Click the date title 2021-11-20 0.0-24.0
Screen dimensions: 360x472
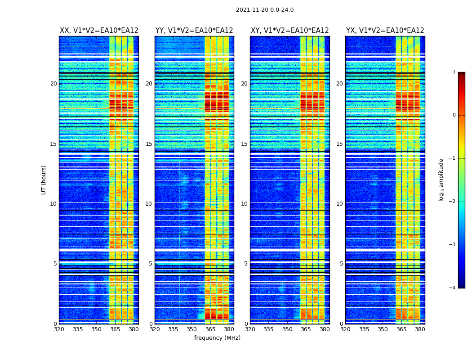coord(265,10)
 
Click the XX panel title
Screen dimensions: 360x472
coord(99,31)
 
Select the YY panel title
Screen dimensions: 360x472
coord(194,31)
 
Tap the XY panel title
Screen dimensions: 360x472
coord(289,31)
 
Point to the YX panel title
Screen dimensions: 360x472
coord(385,31)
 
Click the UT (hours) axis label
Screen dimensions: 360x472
coord(44,180)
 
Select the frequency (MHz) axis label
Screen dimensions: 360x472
coord(217,338)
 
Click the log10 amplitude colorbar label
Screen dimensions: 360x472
coord(441,180)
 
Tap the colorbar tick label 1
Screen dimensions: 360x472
coord(454,72)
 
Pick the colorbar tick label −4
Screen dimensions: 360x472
coord(453,288)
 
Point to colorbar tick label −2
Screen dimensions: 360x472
coord(453,202)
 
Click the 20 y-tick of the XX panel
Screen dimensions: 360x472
coord(53,84)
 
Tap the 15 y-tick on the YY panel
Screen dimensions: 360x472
coord(149,144)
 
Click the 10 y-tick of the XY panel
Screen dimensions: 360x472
coord(244,204)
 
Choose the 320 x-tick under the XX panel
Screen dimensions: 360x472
coord(59,329)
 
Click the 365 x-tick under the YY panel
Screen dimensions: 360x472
coord(210,329)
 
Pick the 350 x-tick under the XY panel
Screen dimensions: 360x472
coord(287,329)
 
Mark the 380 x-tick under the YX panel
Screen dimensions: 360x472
coord(420,329)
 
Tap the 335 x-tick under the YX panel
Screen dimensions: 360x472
coord(364,329)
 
